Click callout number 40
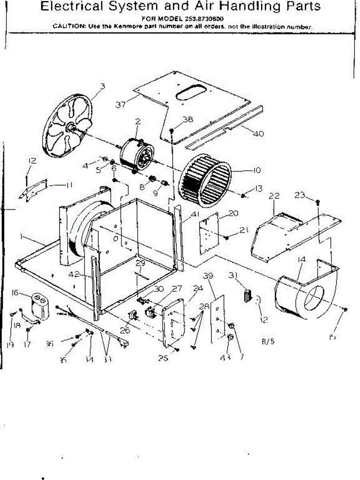258,134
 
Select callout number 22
274,196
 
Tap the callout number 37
121,104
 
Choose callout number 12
32,161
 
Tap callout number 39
208,276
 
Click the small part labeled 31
246,298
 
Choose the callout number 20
234,213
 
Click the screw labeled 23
317,202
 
